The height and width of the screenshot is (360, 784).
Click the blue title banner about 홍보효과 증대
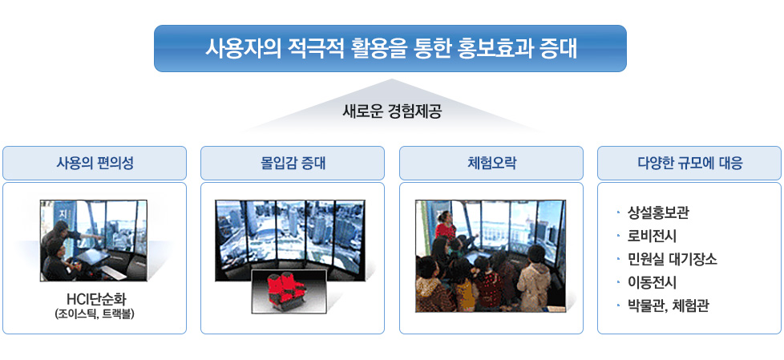pos(390,48)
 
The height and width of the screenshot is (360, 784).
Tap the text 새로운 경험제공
pos(391,111)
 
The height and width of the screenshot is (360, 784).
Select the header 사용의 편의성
pos(95,163)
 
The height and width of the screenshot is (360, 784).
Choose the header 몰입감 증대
pos(293,163)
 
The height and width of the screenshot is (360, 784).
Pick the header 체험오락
pos(491,163)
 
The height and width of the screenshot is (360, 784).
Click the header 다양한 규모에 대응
pos(689,163)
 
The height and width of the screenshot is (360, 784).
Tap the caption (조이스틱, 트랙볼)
pos(95,314)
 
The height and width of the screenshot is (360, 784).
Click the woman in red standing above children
pos(446,225)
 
